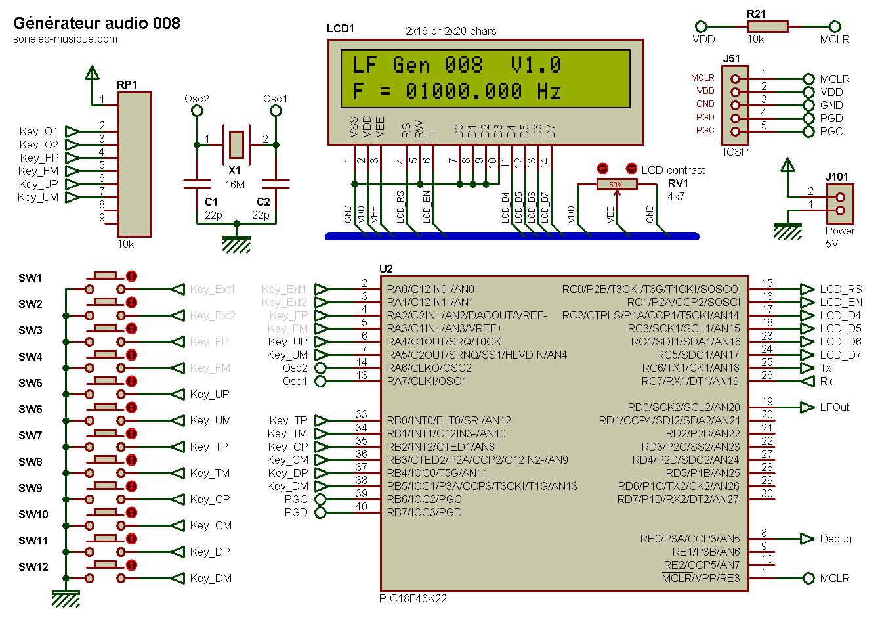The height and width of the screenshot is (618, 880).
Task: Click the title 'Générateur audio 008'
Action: click(96, 24)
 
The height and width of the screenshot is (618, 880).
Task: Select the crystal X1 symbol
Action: click(236, 144)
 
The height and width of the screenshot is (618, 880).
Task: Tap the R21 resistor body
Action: click(767, 27)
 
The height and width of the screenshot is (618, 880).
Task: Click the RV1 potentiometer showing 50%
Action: click(616, 185)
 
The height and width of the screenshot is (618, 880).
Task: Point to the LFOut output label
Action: click(835, 407)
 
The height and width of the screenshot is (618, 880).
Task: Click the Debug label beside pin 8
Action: click(835, 539)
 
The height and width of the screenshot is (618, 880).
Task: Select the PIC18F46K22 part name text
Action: click(413, 598)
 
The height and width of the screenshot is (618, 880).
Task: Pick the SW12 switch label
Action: click(33, 567)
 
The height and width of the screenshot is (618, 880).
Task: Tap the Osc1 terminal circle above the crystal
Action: click(276, 111)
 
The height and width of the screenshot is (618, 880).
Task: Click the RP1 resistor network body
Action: click(135, 165)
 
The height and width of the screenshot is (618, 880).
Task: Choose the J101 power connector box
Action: click(840, 204)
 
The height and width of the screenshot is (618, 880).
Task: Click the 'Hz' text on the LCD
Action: click(549, 91)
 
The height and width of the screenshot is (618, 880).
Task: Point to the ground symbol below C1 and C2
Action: click(236, 244)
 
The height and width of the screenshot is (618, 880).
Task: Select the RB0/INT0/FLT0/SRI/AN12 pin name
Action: click(449, 421)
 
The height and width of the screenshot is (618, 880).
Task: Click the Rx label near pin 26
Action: click(826, 382)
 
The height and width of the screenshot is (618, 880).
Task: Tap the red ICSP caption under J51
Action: click(736, 152)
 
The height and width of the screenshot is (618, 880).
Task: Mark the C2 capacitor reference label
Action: click(263, 202)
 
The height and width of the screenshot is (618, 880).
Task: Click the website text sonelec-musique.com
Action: click(65, 39)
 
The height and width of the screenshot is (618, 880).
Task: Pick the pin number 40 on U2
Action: click(362, 506)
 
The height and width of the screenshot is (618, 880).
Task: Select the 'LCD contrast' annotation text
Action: click(673, 170)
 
